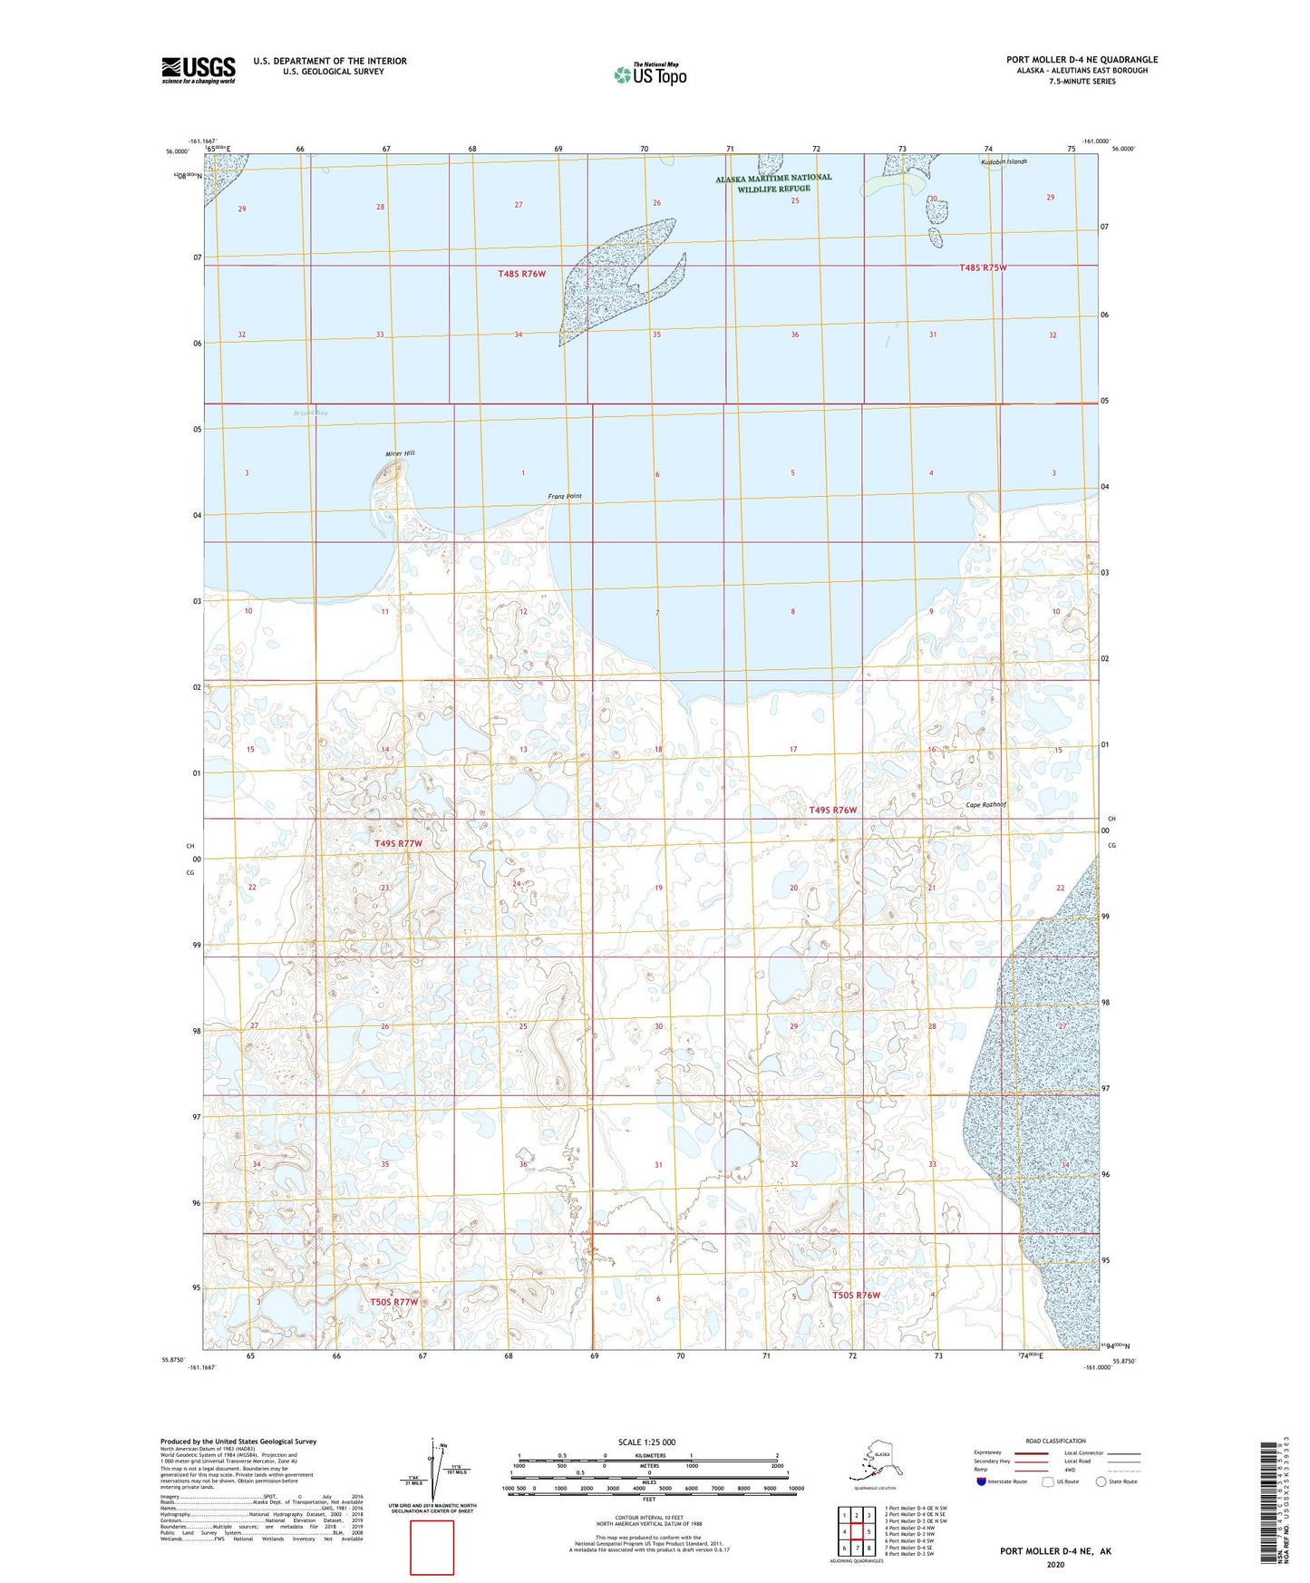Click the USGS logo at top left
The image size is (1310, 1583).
coord(199,70)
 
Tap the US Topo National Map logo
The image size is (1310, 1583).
coord(650,73)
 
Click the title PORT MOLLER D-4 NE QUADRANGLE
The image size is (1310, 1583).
coord(1082,60)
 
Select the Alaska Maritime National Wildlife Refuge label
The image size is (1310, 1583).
coord(773,184)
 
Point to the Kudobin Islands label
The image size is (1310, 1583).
coord(1004,161)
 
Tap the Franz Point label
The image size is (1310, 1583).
coord(565,496)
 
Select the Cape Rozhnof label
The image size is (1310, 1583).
coord(985,804)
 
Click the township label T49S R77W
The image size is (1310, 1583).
coord(399,843)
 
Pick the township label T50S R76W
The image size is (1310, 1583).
coord(856,1295)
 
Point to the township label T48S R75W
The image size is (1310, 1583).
coord(984,267)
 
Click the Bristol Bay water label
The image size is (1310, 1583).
coord(310,413)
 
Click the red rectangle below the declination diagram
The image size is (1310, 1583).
coord(432,1548)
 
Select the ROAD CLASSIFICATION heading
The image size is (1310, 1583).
coord(1055,1441)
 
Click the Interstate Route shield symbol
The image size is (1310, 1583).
coord(981,1481)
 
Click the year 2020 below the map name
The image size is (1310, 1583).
coord(1055,1564)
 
